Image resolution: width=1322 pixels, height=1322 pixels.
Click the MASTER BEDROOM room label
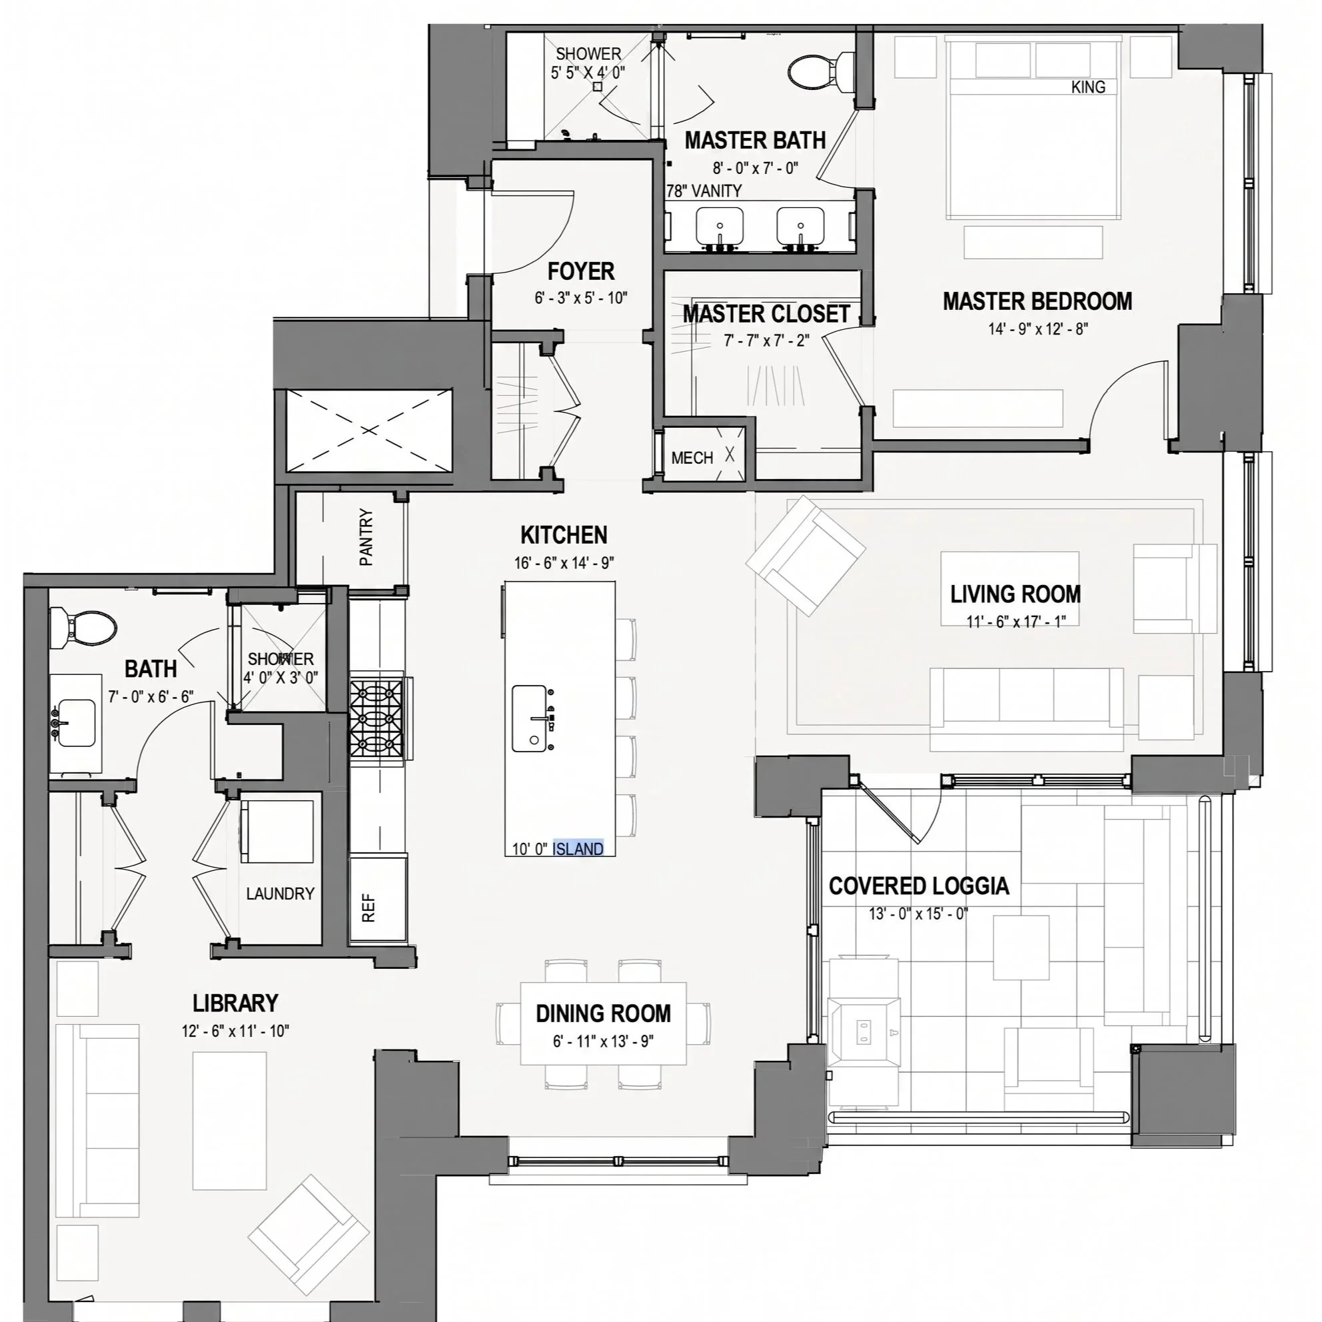click(1037, 301)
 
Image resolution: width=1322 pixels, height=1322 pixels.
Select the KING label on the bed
click(1088, 87)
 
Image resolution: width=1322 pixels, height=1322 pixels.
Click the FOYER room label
click(581, 272)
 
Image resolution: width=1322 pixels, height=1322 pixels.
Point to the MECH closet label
click(692, 458)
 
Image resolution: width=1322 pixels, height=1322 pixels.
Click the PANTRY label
click(366, 537)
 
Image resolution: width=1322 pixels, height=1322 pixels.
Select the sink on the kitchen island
click(530, 718)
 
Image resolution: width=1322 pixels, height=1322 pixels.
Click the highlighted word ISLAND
click(578, 848)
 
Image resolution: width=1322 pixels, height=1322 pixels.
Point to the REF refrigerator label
click(368, 908)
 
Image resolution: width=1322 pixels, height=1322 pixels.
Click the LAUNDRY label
click(281, 894)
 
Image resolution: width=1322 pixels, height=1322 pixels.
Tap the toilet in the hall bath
click(83, 627)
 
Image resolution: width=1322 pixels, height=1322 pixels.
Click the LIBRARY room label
click(235, 1003)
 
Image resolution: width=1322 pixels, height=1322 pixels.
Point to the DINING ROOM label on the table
click(604, 1013)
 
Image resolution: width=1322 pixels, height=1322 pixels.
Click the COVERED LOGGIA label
click(919, 886)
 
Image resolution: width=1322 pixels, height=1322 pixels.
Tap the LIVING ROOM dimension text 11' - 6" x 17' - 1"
click(1015, 621)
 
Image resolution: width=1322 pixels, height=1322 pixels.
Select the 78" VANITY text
click(705, 191)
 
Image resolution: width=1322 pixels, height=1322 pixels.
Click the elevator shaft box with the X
click(369, 430)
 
